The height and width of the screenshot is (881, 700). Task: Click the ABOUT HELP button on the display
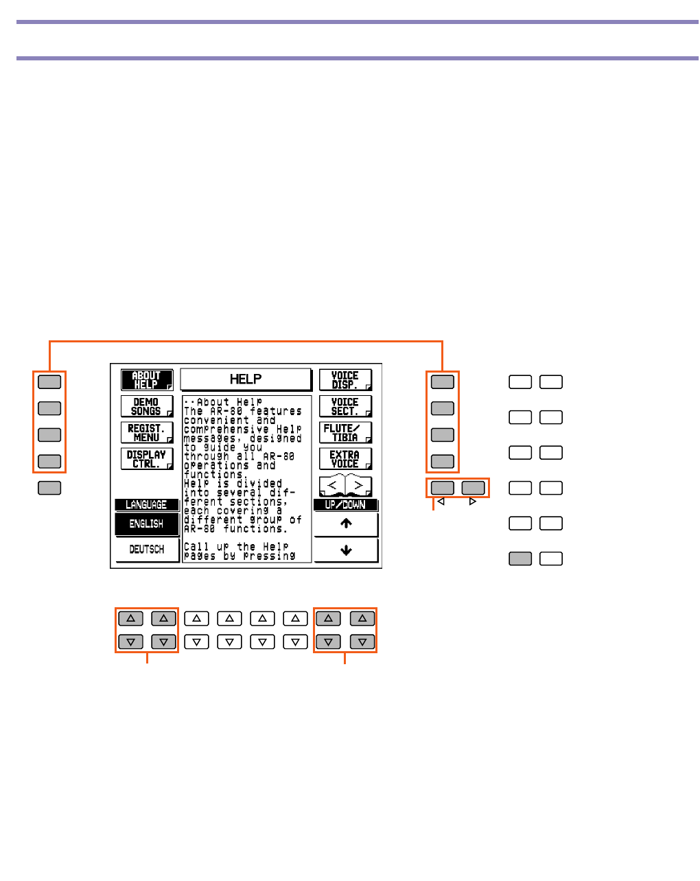click(x=147, y=380)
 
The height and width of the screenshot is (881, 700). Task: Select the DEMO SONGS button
click(x=147, y=406)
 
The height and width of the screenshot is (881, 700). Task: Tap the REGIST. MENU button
click(x=147, y=432)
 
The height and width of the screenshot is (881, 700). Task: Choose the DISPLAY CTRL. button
click(x=147, y=458)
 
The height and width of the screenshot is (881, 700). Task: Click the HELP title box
click(x=246, y=379)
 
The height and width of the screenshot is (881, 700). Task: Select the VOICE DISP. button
click(x=345, y=380)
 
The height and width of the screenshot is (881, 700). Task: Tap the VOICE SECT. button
click(x=345, y=406)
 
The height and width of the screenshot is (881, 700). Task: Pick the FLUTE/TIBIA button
click(x=345, y=432)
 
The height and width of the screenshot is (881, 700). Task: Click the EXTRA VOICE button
click(x=345, y=458)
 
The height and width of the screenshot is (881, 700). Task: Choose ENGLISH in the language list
click(x=147, y=524)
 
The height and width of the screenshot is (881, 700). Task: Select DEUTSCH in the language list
click(x=147, y=550)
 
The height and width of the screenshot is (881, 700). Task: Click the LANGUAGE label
click(x=146, y=504)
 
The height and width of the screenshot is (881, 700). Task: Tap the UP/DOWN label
click(x=345, y=504)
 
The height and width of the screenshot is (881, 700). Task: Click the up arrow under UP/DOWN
click(x=346, y=524)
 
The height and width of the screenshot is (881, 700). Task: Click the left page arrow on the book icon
click(x=333, y=486)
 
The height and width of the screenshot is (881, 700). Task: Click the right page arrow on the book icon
click(x=358, y=486)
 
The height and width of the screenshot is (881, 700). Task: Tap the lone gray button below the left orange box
click(x=49, y=488)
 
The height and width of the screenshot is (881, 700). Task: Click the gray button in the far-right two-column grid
click(x=520, y=559)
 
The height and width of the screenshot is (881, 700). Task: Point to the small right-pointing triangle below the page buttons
click(x=472, y=502)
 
